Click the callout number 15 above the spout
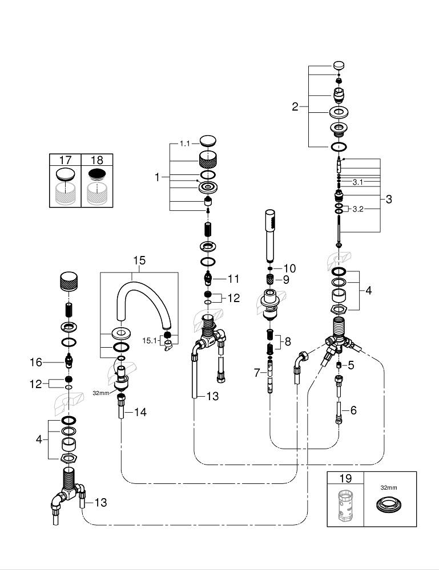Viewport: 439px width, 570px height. (139, 260)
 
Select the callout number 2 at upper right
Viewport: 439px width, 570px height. (295, 107)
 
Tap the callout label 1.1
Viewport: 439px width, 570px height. (184, 144)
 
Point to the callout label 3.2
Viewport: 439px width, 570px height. (358, 209)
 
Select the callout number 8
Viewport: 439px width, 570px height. (288, 342)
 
